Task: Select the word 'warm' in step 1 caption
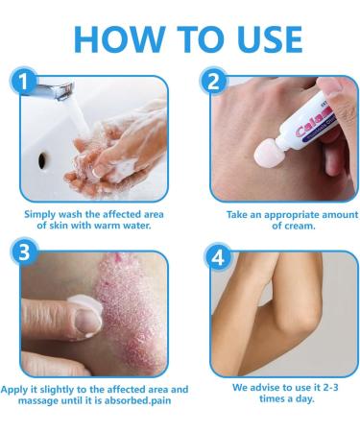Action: pos(115,228)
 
